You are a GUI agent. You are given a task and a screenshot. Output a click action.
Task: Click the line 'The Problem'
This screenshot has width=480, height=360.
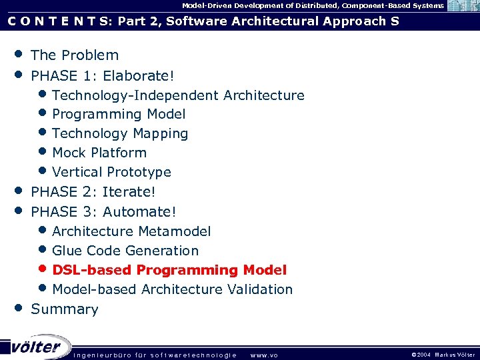click(x=75, y=55)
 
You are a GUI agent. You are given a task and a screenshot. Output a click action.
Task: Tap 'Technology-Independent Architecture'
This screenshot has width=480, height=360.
click(x=178, y=95)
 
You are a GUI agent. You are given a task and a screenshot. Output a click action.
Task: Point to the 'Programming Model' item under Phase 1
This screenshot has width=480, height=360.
click(x=119, y=115)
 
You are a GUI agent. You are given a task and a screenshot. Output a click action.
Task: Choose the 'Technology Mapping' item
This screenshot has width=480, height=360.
click(x=120, y=134)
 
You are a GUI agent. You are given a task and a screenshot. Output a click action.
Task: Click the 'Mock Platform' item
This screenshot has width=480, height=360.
click(x=99, y=153)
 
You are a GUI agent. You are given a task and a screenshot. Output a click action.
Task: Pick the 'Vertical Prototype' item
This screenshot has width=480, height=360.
click(x=111, y=172)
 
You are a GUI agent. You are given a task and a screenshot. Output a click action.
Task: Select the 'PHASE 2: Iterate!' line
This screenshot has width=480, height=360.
click(x=93, y=192)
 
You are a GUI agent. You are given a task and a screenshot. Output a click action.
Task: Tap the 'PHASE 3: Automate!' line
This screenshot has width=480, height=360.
click(x=104, y=212)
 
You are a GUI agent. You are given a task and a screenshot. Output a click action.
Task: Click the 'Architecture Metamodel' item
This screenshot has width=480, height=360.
click(x=131, y=231)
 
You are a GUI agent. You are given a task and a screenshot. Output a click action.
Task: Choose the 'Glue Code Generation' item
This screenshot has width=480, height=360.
click(x=125, y=251)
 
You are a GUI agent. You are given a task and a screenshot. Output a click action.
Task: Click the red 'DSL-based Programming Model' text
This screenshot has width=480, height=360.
click(x=169, y=270)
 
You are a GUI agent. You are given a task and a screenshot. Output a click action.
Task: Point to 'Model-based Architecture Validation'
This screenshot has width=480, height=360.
click(x=172, y=289)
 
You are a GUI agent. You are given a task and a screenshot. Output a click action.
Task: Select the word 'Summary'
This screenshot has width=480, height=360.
click(x=65, y=309)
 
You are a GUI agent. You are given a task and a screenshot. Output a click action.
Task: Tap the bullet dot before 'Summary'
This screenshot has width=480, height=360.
click(x=19, y=308)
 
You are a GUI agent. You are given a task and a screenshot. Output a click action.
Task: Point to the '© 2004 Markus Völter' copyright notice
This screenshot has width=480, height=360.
click(x=443, y=355)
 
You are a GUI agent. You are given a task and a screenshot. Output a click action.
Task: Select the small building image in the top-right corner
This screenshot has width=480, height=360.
click(x=462, y=6)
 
